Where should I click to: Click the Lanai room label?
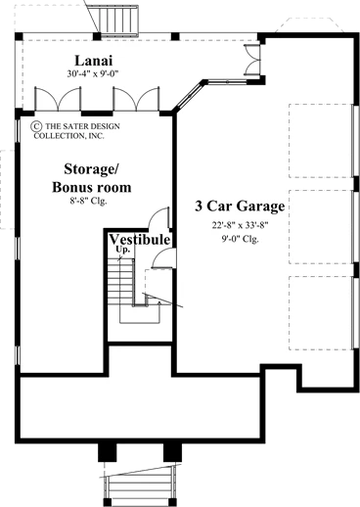tap(94, 61)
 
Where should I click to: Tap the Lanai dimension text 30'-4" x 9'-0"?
tap(93, 74)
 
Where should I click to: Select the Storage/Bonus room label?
tap(92, 178)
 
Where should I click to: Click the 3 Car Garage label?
tap(240, 206)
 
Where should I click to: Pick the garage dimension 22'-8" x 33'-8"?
tap(240, 225)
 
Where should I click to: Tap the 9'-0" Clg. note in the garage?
tap(240, 239)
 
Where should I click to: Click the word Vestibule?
tap(140, 240)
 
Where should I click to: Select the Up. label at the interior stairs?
tap(124, 250)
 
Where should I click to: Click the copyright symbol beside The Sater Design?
tap(36, 126)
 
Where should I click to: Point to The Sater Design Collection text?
tap(77, 131)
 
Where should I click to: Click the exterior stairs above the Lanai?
tap(119, 21)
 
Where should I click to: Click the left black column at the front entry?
tap(108, 452)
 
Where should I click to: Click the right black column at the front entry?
tap(172, 452)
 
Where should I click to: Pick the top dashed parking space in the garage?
tap(320, 141)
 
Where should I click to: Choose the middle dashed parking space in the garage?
tap(320, 227)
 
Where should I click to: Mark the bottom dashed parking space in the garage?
tap(320, 313)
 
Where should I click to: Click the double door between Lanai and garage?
tap(253, 60)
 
